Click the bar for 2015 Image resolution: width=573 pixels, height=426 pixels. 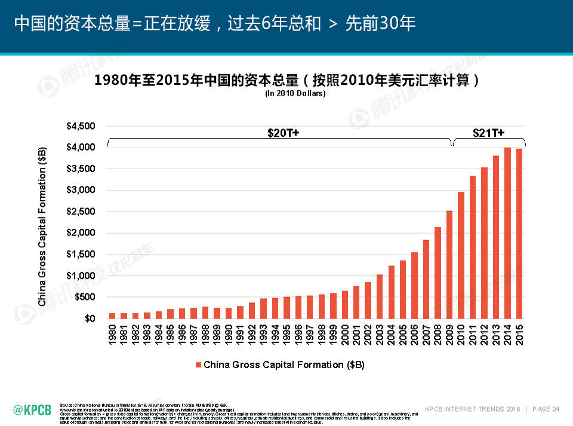[519, 234]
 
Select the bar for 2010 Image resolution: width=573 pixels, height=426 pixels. [461, 255]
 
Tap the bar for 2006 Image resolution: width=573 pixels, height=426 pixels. [415, 286]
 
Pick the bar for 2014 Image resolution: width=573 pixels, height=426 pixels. [508, 233]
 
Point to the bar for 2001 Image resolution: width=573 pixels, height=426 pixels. [356, 302]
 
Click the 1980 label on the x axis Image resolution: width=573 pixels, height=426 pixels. [112, 335]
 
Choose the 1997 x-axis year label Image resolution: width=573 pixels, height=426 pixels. [310, 335]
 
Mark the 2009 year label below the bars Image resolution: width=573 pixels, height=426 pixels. [449, 335]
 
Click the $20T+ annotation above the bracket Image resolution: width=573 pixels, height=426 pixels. [283, 133]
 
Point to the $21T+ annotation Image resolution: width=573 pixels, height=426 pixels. [488, 133]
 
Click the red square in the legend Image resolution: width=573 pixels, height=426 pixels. [198, 364]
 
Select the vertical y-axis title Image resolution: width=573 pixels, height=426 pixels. [42, 227]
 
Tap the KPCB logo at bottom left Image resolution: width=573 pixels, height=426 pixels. [32, 409]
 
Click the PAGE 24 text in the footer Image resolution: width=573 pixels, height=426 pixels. [546, 409]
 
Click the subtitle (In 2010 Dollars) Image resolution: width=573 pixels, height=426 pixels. [295, 93]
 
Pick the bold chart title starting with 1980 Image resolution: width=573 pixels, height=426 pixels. [287, 81]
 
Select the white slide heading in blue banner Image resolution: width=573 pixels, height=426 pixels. [215, 23]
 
